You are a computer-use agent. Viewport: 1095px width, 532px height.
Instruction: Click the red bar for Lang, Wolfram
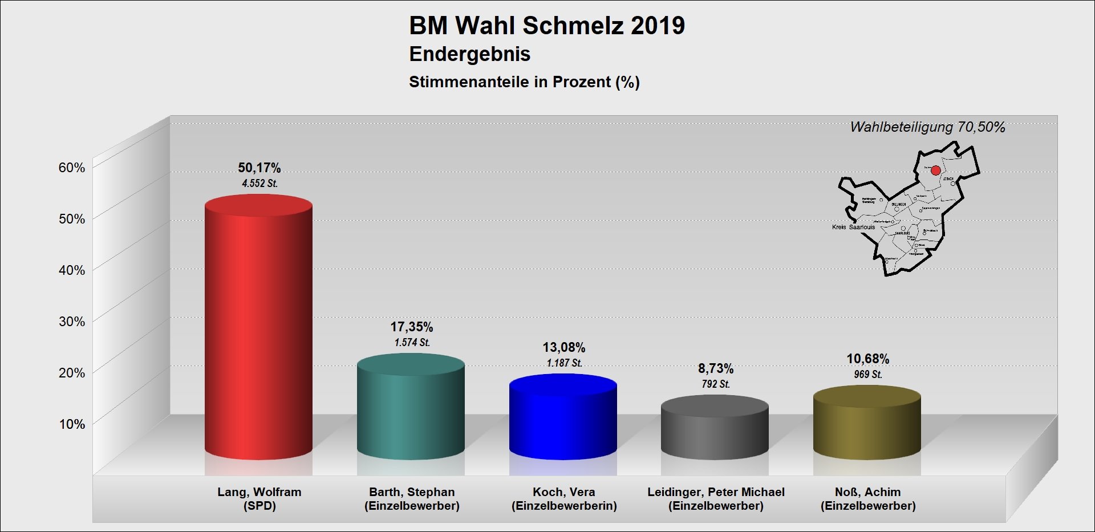click(x=258, y=331)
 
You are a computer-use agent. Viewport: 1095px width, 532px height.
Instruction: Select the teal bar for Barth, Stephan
click(x=411, y=411)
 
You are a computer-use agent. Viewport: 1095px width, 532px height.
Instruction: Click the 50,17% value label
click(x=259, y=168)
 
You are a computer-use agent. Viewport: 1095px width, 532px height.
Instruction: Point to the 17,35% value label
click(x=412, y=327)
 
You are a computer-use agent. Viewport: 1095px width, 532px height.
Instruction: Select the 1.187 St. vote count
click(x=564, y=363)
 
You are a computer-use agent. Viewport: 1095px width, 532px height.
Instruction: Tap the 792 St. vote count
click(x=716, y=384)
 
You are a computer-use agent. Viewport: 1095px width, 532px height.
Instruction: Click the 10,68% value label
click(x=868, y=359)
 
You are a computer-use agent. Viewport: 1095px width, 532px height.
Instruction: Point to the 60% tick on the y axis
click(x=72, y=167)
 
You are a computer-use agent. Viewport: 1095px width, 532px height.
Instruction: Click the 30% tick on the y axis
click(x=72, y=321)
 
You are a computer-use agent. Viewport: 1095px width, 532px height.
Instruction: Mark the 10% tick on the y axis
click(x=72, y=424)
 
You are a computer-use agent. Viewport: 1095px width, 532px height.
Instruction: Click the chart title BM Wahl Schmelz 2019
click(x=547, y=26)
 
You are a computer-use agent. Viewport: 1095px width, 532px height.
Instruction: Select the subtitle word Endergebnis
click(x=470, y=54)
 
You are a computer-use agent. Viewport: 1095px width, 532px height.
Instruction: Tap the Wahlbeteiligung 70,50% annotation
click(x=927, y=127)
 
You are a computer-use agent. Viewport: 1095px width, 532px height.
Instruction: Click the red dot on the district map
click(x=936, y=170)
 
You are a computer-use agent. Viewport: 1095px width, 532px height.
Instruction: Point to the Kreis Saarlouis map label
click(x=853, y=227)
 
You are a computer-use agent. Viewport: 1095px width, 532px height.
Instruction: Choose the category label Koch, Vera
click(x=564, y=492)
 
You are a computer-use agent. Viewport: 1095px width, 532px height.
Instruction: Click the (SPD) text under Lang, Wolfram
click(x=259, y=506)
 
